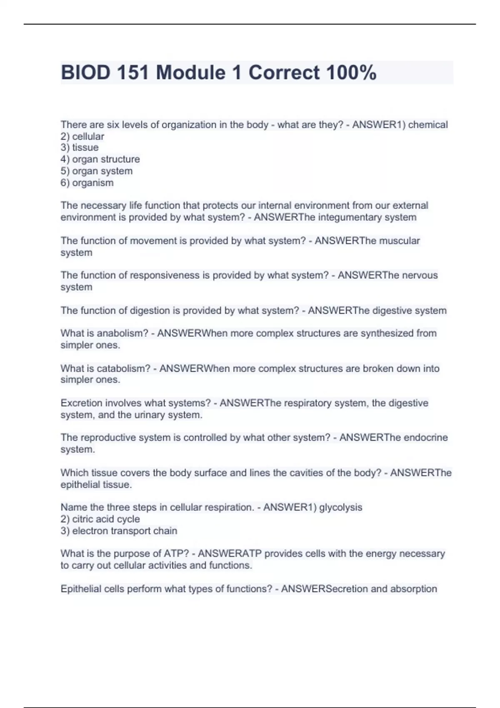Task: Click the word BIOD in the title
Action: coord(85,72)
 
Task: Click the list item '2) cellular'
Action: coord(82,136)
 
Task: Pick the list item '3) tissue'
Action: coord(80,147)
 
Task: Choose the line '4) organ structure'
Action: coord(100,159)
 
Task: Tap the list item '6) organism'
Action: coord(87,182)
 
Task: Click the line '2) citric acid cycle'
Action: coord(100,519)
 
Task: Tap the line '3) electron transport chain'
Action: coord(119,531)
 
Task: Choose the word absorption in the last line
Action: coord(413,589)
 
